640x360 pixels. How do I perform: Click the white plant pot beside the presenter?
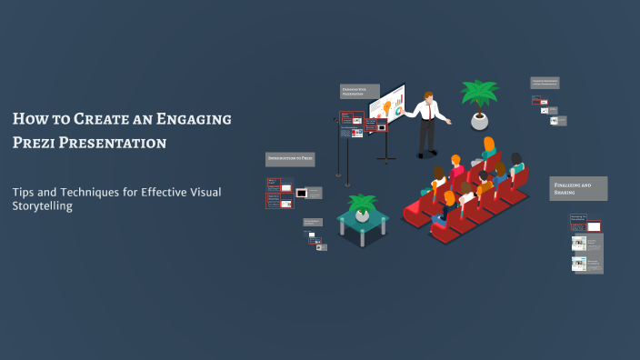pyautogui.click(x=479, y=120)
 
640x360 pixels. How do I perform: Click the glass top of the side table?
pyautogui.click(x=363, y=222)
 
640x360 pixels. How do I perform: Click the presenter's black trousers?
pyautogui.click(x=425, y=137)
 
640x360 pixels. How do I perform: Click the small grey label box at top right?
pyautogui.click(x=545, y=83)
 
